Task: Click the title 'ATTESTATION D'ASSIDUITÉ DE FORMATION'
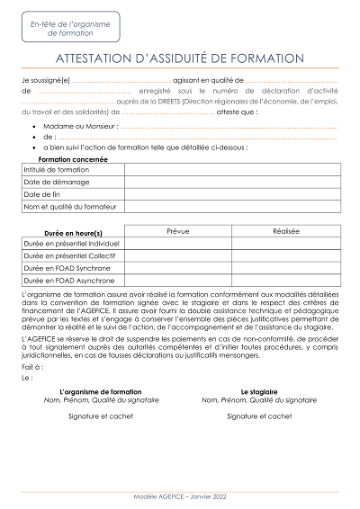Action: coord(180,58)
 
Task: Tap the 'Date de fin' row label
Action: coord(42,194)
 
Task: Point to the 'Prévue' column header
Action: coord(178,231)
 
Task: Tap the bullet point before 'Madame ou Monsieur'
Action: coord(33,128)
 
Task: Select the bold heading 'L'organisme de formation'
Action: coord(100,392)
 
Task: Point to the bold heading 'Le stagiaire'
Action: coord(259,392)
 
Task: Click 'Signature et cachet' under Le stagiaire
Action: coord(259,416)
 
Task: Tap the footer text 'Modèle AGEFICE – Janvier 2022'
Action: coord(179,496)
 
